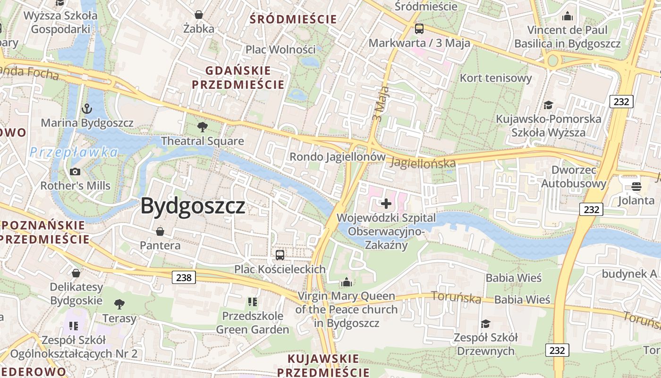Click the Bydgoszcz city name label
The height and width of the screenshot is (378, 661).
[193, 206]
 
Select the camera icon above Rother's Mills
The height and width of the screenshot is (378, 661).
[75, 172]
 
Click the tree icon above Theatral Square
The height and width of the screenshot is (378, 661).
[203, 127]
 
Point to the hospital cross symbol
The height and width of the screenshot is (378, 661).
[386, 204]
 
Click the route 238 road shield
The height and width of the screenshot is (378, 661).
[184, 277]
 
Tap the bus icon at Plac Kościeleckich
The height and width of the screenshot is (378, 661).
[280, 255]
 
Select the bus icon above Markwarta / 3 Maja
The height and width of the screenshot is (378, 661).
[419, 29]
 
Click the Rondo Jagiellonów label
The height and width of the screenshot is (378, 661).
[337, 156]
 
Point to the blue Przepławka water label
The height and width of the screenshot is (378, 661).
[74, 152]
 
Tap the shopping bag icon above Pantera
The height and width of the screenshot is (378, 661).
[160, 232]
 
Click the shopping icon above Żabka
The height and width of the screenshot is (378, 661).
[199, 15]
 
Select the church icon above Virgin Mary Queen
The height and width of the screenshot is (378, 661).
[347, 282]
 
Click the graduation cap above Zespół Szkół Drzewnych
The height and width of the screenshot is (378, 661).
[485, 324]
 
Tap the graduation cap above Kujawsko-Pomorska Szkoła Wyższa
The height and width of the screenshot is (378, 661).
[548, 104]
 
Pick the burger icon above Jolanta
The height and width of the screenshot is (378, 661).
[636, 186]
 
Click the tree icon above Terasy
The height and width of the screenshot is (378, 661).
[119, 304]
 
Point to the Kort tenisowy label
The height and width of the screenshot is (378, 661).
[496, 78]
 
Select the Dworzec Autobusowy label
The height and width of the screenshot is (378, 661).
[574, 177]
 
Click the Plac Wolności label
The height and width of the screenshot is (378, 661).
[280, 49]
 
